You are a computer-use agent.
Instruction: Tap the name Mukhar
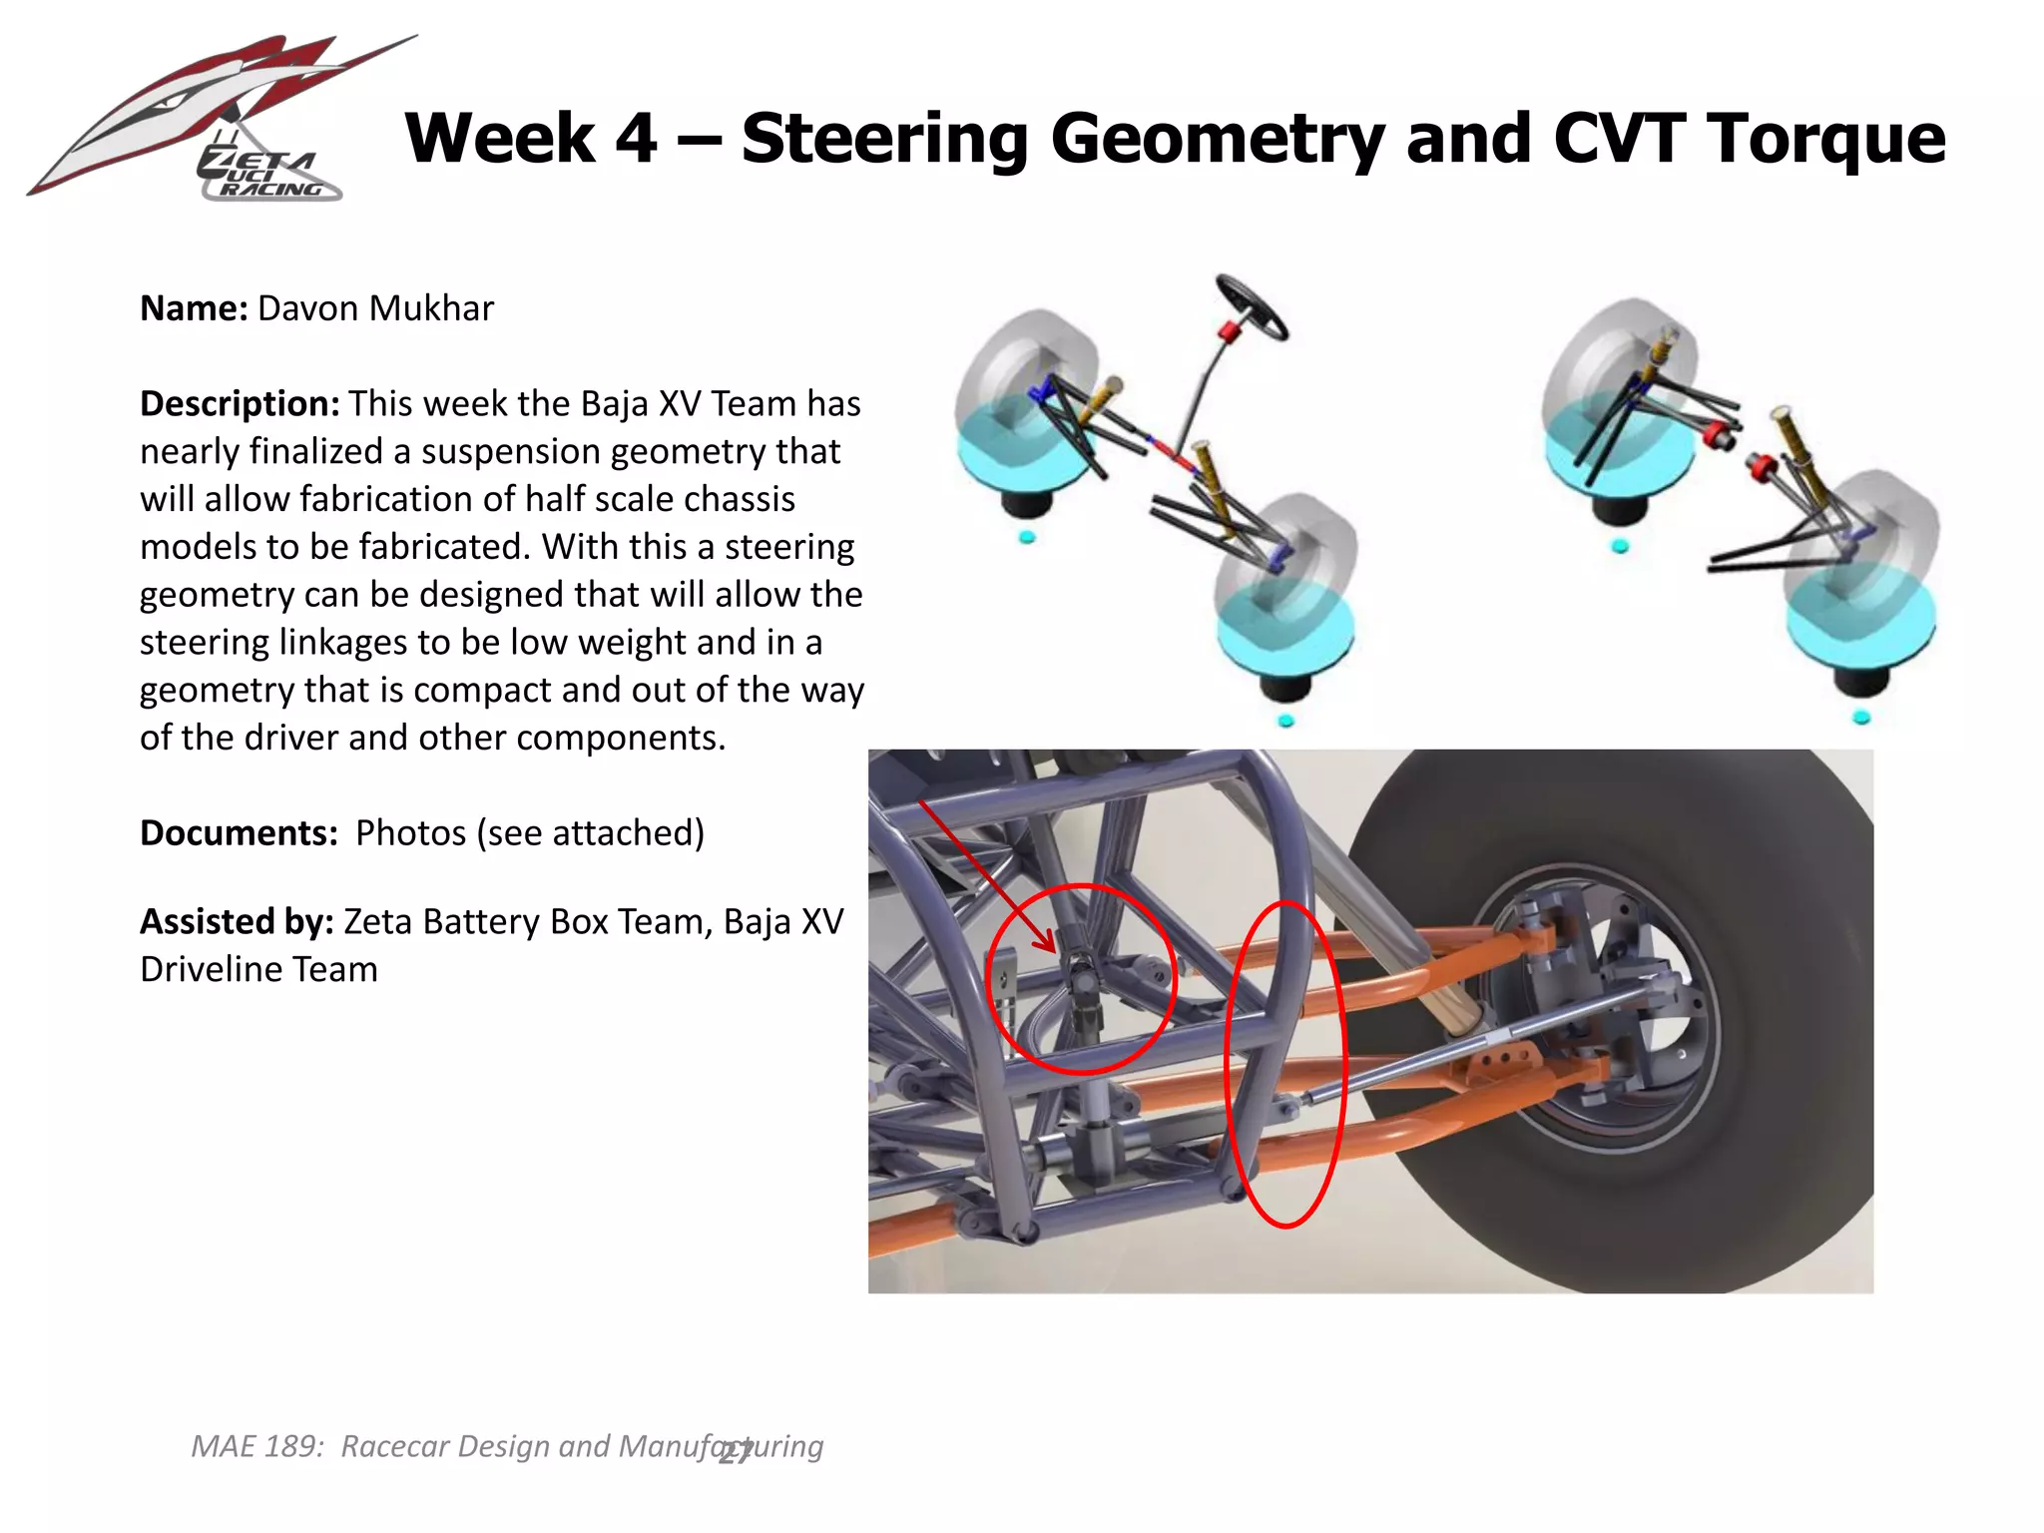pyautogui.click(x=431, y=308)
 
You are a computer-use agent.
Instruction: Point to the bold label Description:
pyautogui.click(x=240, y=404)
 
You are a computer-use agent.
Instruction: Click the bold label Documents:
pyautogui.click(x=239, y=833)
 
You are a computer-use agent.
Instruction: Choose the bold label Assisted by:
pyautogui.click(x=237, y=922)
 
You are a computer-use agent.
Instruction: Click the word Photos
pyautogui.click(x=410, y=833)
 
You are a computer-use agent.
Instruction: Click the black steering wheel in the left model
pyautogui.click(x=1253, y=307)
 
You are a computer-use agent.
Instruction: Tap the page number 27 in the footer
pyautogui.click(x=736, y=1452)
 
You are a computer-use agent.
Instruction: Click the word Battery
pyautogui.click(x=483, y=922)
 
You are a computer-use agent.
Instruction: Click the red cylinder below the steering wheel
pyautogui.click(x=1229, y=330)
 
